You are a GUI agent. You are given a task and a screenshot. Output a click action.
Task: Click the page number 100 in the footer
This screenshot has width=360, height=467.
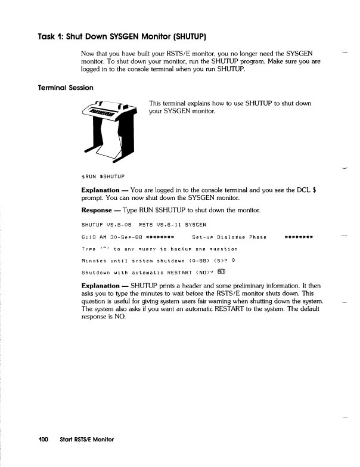pos(40,440)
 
